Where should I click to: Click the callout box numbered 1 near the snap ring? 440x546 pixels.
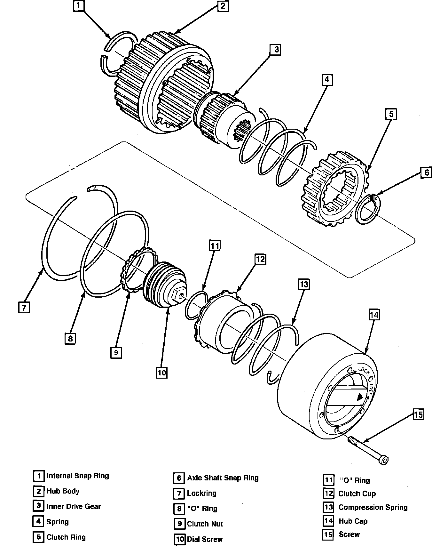79,6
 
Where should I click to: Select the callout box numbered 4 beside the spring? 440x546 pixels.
327,80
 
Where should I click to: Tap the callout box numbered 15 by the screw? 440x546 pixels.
418,414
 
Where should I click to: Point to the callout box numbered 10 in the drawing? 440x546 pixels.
162,373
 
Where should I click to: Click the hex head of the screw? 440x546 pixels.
384,460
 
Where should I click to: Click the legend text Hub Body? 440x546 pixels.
63,491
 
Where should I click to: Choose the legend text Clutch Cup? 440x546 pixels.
357,494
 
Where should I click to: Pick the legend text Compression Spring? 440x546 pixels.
373,507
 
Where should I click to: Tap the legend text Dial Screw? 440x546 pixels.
205,539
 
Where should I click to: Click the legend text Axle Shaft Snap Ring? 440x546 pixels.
223,478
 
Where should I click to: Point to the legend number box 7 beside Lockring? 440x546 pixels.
179,494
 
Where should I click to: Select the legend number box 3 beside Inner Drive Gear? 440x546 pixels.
38,506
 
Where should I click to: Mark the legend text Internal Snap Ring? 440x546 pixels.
78,476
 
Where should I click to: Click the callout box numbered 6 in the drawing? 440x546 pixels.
426,173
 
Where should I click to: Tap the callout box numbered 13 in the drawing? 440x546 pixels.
304,284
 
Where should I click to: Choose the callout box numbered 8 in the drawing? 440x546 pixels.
70,338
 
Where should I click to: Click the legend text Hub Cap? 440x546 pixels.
353,521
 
